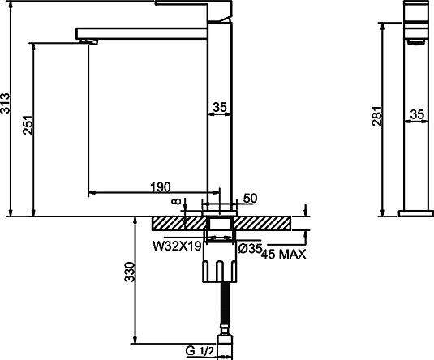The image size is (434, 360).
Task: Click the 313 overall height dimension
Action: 6,103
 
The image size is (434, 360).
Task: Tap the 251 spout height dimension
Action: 28,125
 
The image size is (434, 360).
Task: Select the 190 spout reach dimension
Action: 161,187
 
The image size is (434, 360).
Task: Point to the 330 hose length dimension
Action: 130,272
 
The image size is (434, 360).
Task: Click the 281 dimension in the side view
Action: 377,116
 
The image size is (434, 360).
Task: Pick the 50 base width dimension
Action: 250,199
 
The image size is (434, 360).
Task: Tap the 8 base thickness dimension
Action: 176,201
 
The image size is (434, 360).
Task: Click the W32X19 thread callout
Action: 177,246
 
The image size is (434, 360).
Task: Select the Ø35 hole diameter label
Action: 250,249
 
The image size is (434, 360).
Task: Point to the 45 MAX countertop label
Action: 284,254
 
